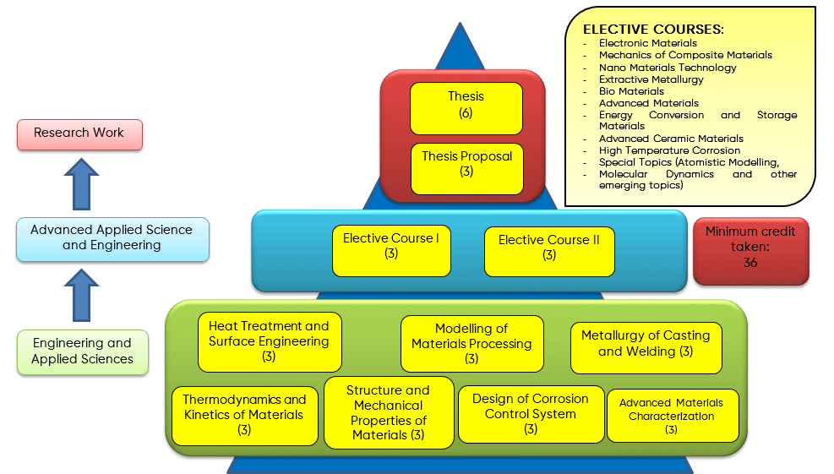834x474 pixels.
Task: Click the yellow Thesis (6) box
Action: click(466, 107)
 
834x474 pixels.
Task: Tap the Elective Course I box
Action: click(390, 250)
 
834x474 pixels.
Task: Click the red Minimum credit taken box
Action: click(750, 250)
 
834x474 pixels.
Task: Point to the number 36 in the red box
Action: click(750, 263)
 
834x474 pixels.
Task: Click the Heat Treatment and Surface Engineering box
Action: click(269, 341)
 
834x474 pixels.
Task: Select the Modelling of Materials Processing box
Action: click(472, 343)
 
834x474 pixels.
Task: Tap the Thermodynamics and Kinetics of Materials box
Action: click(244, 415)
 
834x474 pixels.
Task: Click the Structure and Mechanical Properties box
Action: click(388, 412)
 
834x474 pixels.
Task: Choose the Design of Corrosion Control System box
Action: click(531, 413)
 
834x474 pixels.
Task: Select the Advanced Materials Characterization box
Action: click(672, 415)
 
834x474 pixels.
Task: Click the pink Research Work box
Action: click(79, 133)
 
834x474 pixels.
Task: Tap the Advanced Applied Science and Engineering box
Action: click(112, 238)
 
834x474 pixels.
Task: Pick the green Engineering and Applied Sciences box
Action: click(82, 351)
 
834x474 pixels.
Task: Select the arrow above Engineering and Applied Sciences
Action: click(81, 295)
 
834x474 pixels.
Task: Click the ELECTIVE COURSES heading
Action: click(653, 30)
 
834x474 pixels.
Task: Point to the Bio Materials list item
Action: click(631, 91)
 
